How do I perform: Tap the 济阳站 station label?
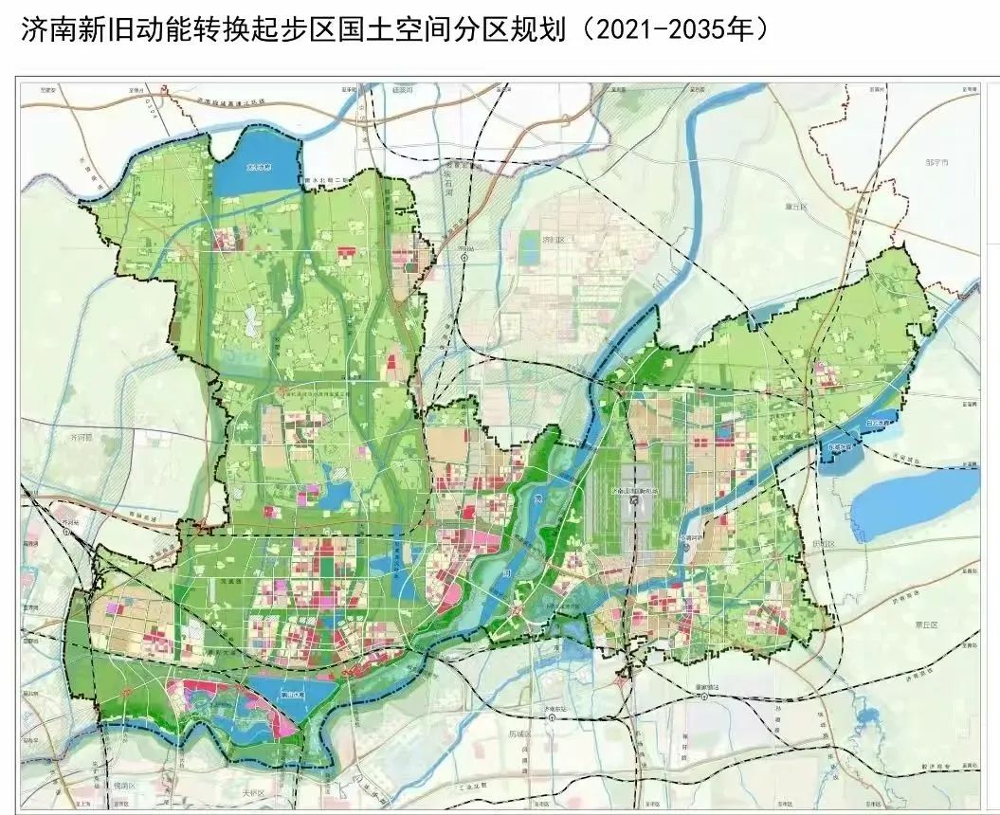click(x=464, y=253)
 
